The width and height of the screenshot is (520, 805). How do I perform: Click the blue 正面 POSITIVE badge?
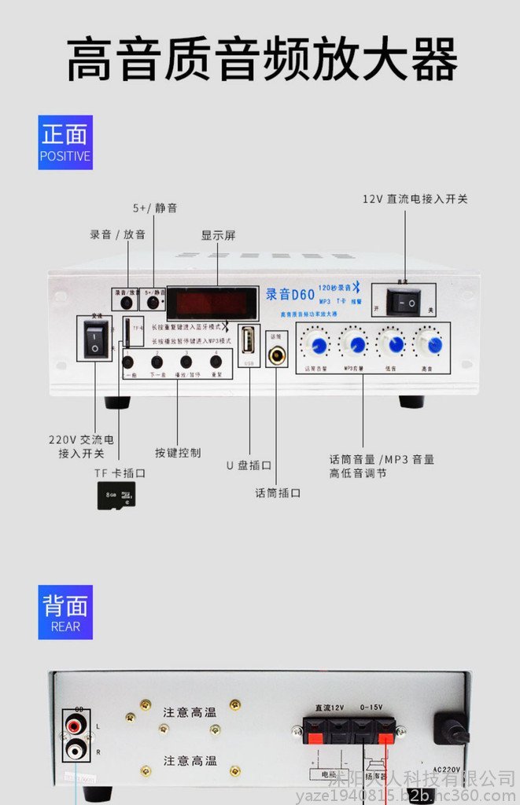pyautogui.click(x=65, y=142)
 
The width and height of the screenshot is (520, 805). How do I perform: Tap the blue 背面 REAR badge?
pyautogui.click(x=65, y=612)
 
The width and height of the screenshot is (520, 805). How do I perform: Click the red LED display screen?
pyautogui.click(x=212, y=302)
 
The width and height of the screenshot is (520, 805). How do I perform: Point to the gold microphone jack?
pyautogui.click(x=277, y=355)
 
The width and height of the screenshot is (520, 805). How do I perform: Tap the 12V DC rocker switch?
pyautogui.click(x=404, y=302)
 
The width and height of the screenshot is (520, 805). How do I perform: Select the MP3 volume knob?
pyautogui.click(x=355, y=344)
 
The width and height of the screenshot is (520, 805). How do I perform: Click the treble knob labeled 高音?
pyautogui.click(x=429, y=344)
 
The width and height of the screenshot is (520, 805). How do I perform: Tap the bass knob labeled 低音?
pyautogui.click(x=391, y=344)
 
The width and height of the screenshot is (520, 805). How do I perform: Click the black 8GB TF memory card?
pyautogui.click(x=116, y=495)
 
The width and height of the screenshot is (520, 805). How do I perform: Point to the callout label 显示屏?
pyautogui.click(x=218, y=235)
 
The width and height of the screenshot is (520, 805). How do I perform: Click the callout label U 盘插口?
pyautogui.click(x=249, y=465)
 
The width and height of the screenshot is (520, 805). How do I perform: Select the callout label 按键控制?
pyautogui.click(x=178, y=453)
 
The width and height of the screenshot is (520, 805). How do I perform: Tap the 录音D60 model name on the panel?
pyautogui.click(x=290, y=295)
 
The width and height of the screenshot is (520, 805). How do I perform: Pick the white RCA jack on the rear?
pyautogui.click(x=76, y=750)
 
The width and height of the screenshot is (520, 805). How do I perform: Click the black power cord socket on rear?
pyautogui.click(x=452, y=730)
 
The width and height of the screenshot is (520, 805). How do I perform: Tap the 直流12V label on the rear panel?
pyautogui.click(x=329, y=708)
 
